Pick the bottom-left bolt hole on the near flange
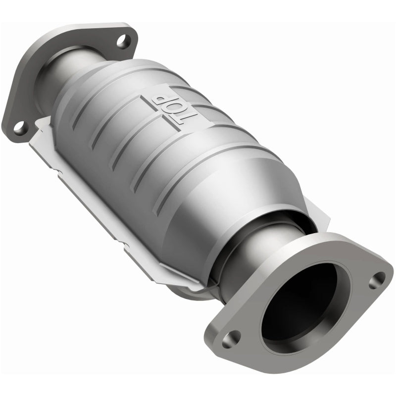click(231, 338)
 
